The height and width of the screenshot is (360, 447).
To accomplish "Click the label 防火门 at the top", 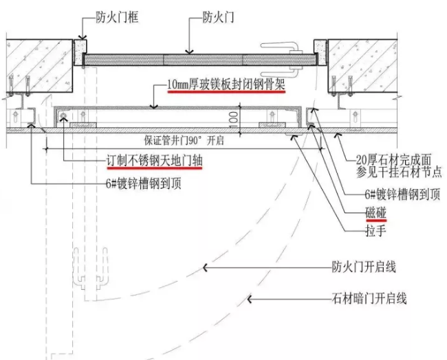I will pos(219,17).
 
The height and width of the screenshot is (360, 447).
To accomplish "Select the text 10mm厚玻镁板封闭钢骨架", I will pos(226,85).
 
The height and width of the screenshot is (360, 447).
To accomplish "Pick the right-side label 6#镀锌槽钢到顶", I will pos(402,194).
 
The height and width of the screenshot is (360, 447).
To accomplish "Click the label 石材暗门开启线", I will pos(368,298).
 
